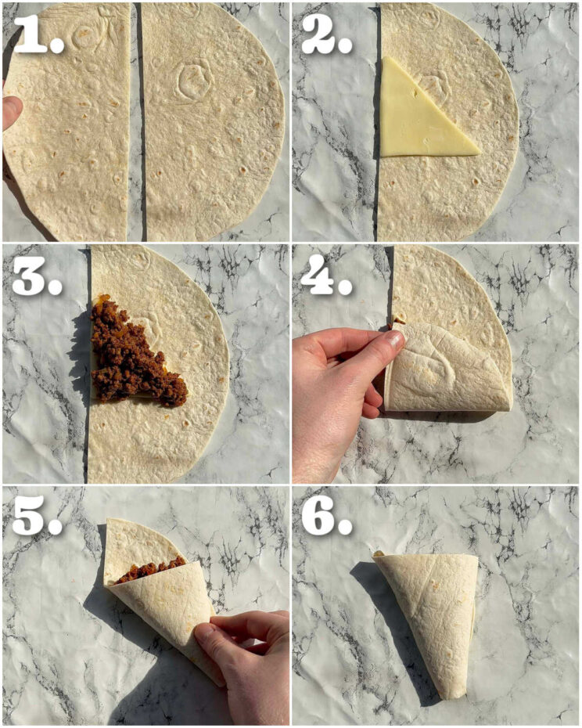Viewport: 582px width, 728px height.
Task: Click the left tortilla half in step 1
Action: (66, 125)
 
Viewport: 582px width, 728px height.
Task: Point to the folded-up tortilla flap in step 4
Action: (446, 368)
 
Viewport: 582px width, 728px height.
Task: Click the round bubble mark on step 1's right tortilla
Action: (190, 78)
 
